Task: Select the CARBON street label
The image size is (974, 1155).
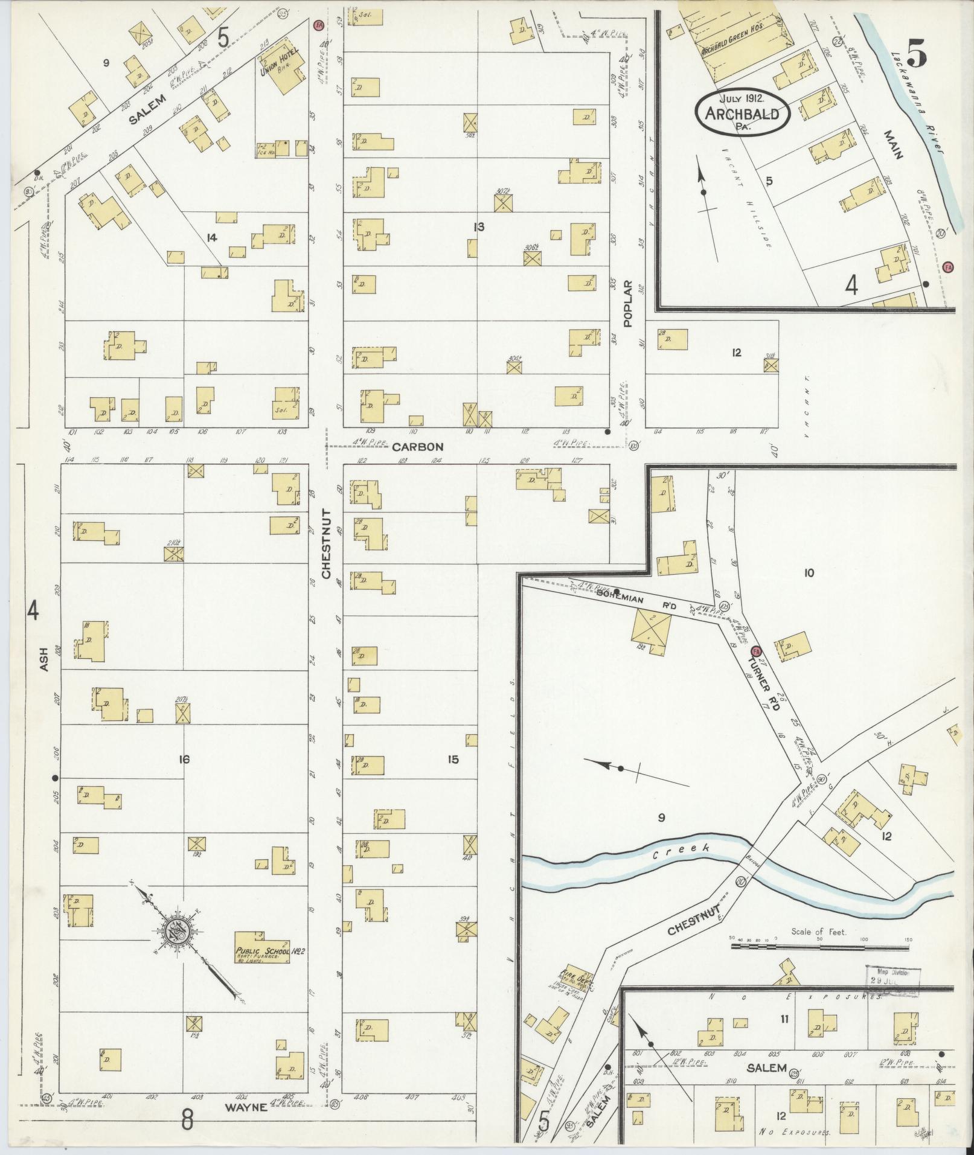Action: [417, 447]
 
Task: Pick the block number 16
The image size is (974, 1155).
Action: [184, 759]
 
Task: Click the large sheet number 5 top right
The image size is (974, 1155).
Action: [916, 56]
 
